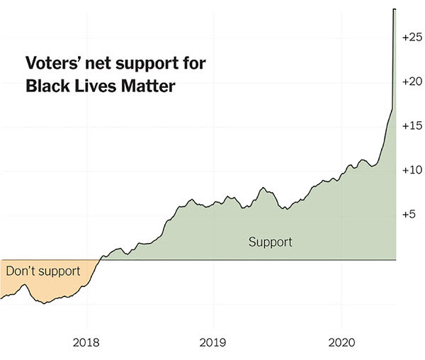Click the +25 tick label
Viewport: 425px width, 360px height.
(412, 37)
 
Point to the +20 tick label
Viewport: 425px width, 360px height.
(412, 81)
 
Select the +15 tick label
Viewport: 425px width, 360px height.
(412, 125)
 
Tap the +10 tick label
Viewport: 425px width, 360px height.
(412, 170)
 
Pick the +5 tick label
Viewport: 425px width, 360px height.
(409, 215)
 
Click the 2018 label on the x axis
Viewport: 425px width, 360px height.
(86, 343)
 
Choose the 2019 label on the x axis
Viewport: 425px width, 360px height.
(212, 343)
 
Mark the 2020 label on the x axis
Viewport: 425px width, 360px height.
(341, 343)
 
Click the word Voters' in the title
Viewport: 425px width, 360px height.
(53, 63)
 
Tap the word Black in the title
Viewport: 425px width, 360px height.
(47, 86)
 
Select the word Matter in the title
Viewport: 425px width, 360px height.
(148, 86)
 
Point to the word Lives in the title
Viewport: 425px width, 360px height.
(96, 86)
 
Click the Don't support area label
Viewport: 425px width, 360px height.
(43, 271)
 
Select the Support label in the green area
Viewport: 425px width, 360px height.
(271, 242)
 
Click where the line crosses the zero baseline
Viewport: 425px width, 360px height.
(100, 259)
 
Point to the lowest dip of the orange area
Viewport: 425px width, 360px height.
(45, 303)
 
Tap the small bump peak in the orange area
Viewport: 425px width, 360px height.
(25, 284)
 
